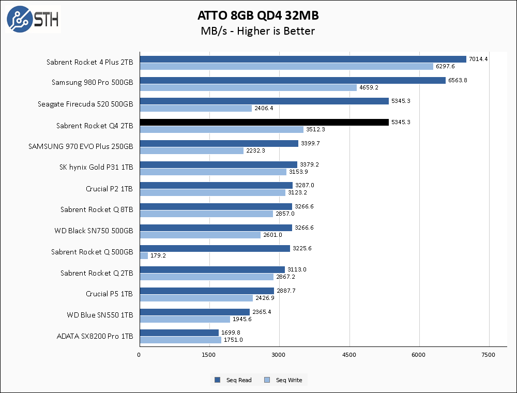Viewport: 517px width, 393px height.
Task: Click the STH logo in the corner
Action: tap(33, 19)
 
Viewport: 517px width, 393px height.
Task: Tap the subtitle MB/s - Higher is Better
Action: tap(257, 31)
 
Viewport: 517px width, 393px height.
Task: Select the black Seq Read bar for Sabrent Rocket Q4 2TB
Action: tap(264, 122)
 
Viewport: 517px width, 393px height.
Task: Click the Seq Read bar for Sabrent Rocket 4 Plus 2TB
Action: tap(302, 59)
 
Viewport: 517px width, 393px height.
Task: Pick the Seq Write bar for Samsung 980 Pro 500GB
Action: tap(248, 87)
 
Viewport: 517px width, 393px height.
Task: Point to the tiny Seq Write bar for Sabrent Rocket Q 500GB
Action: tap(144, 255)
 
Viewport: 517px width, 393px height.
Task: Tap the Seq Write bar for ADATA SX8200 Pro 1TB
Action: tap(180, 340)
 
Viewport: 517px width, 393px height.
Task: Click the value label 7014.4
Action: tap(478, 59)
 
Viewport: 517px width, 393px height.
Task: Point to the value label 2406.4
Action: tap(264, 109)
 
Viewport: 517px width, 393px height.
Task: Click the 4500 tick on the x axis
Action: tap(349, 355)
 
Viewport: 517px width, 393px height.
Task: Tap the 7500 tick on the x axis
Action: tap(489, 355)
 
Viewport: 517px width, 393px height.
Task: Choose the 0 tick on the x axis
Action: tap(139, 355)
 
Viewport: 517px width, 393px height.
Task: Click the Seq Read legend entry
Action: tap(233, 380)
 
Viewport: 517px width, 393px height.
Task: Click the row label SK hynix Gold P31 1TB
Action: tap(96, 168)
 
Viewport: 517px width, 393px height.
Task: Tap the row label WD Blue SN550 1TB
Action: tap(100, 314)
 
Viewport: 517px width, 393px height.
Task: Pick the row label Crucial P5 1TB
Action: tap(109, 294)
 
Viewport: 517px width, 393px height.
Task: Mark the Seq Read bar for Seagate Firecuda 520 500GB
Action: tap(264, 101)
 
